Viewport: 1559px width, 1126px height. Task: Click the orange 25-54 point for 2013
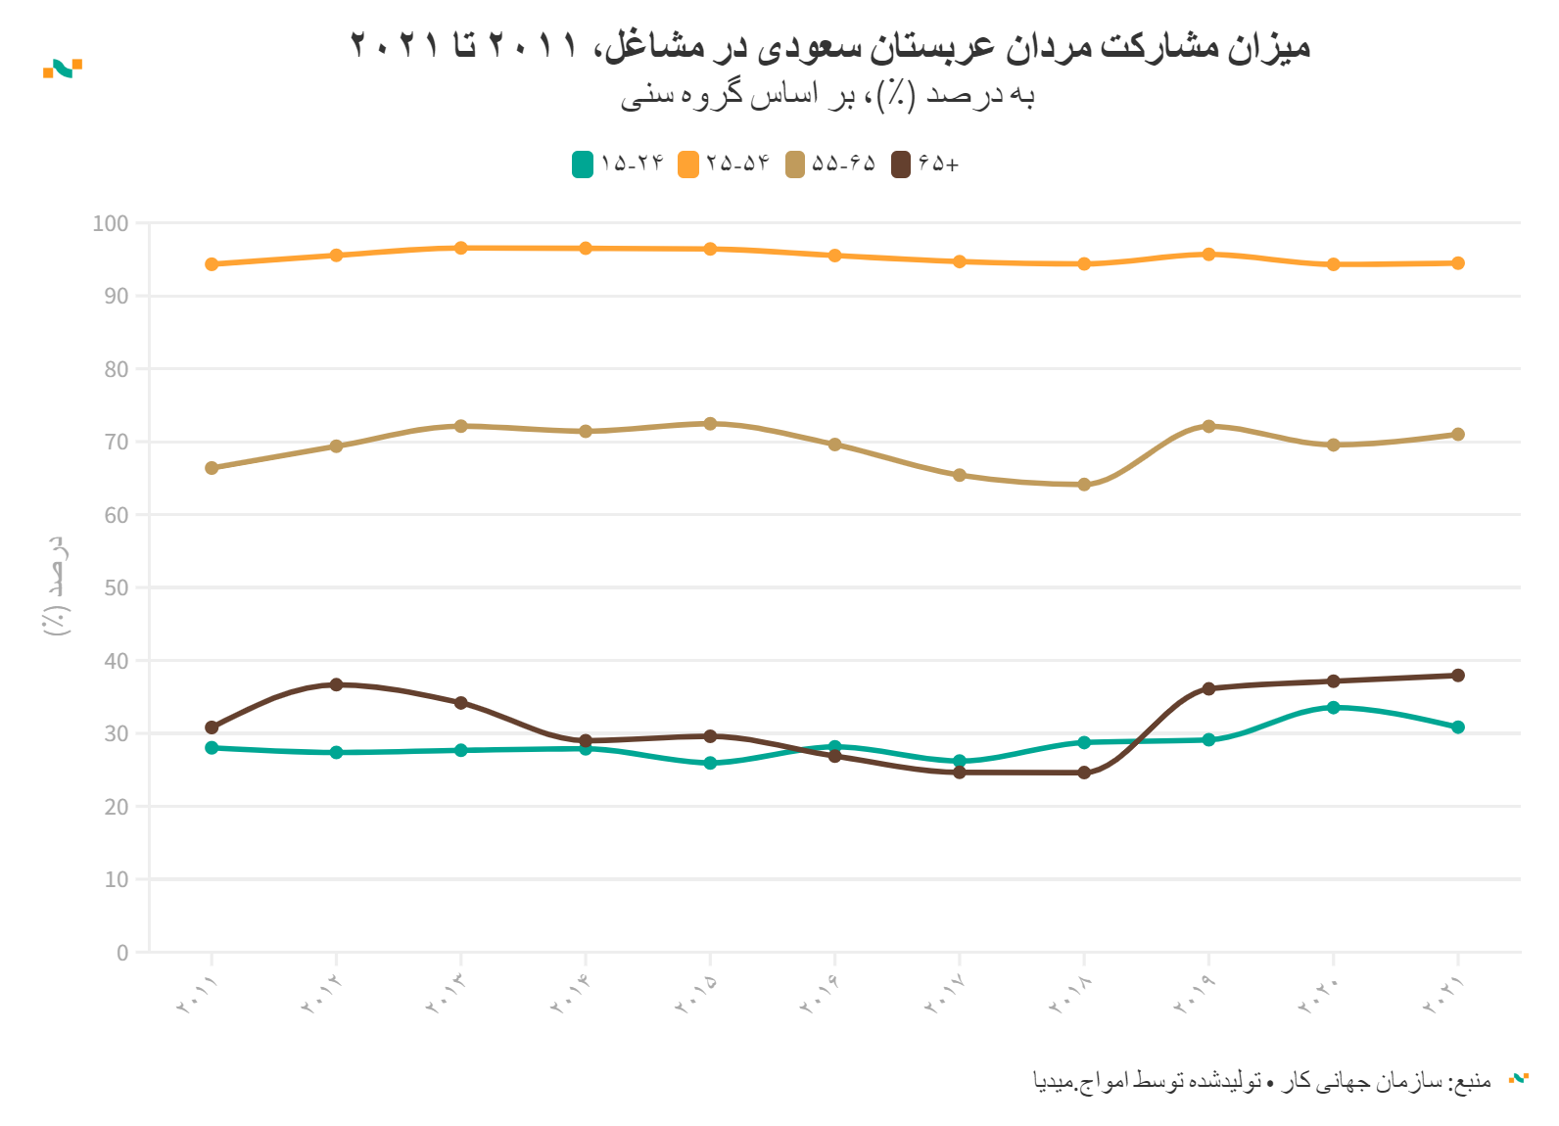pos(461,248)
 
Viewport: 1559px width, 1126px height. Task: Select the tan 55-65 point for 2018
pos(1084,485)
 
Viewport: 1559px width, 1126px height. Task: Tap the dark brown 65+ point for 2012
pos(336,684)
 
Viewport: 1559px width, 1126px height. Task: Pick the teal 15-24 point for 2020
pos(1333,707)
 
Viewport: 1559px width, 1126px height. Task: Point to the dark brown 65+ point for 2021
pos(1458,676)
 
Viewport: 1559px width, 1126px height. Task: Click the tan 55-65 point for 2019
pos(1208,426)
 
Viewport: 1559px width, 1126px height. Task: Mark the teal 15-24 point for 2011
pos(212,748)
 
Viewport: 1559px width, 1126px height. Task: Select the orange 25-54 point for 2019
pos(1208,255)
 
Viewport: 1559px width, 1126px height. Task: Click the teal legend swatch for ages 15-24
pos(583,164)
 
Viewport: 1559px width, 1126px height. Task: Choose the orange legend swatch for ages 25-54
pos(688,164)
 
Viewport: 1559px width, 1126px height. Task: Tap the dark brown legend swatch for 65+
pos(901,164)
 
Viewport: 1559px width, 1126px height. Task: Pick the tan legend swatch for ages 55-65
pos(795,164)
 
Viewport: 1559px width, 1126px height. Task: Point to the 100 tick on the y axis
pos(111,223)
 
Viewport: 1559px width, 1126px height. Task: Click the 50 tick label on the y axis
pos(116,587)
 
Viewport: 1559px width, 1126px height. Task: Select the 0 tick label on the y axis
pos(122,953)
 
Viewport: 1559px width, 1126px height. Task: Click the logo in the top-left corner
pos(63,69)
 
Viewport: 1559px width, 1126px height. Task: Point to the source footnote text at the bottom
pos(1262,1081)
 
